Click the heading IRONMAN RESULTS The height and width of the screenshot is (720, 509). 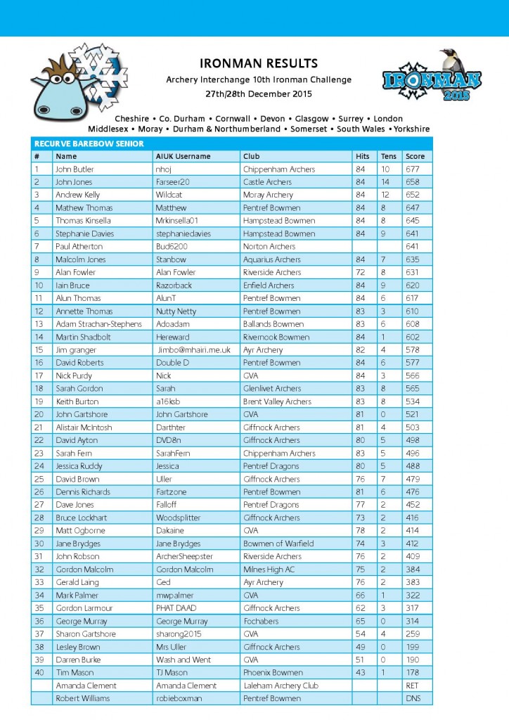tap(259, 63)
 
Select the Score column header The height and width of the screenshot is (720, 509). tap(415, 156)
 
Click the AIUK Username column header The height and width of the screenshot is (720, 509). tap(183, 156)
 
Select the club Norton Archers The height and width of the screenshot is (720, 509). tap(271, 247)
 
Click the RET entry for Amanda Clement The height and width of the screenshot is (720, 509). tap(413, 686)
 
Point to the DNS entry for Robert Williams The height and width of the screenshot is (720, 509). tap(413, 698)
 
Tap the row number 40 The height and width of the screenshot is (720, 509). tap(39, 673)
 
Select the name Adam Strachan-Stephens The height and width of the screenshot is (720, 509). tap(99, 324)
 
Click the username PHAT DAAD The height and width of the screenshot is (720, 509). tap(176, 608)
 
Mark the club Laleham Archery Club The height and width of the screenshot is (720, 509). tap(281, 686)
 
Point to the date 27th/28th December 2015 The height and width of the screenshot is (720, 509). tap(259, 94)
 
